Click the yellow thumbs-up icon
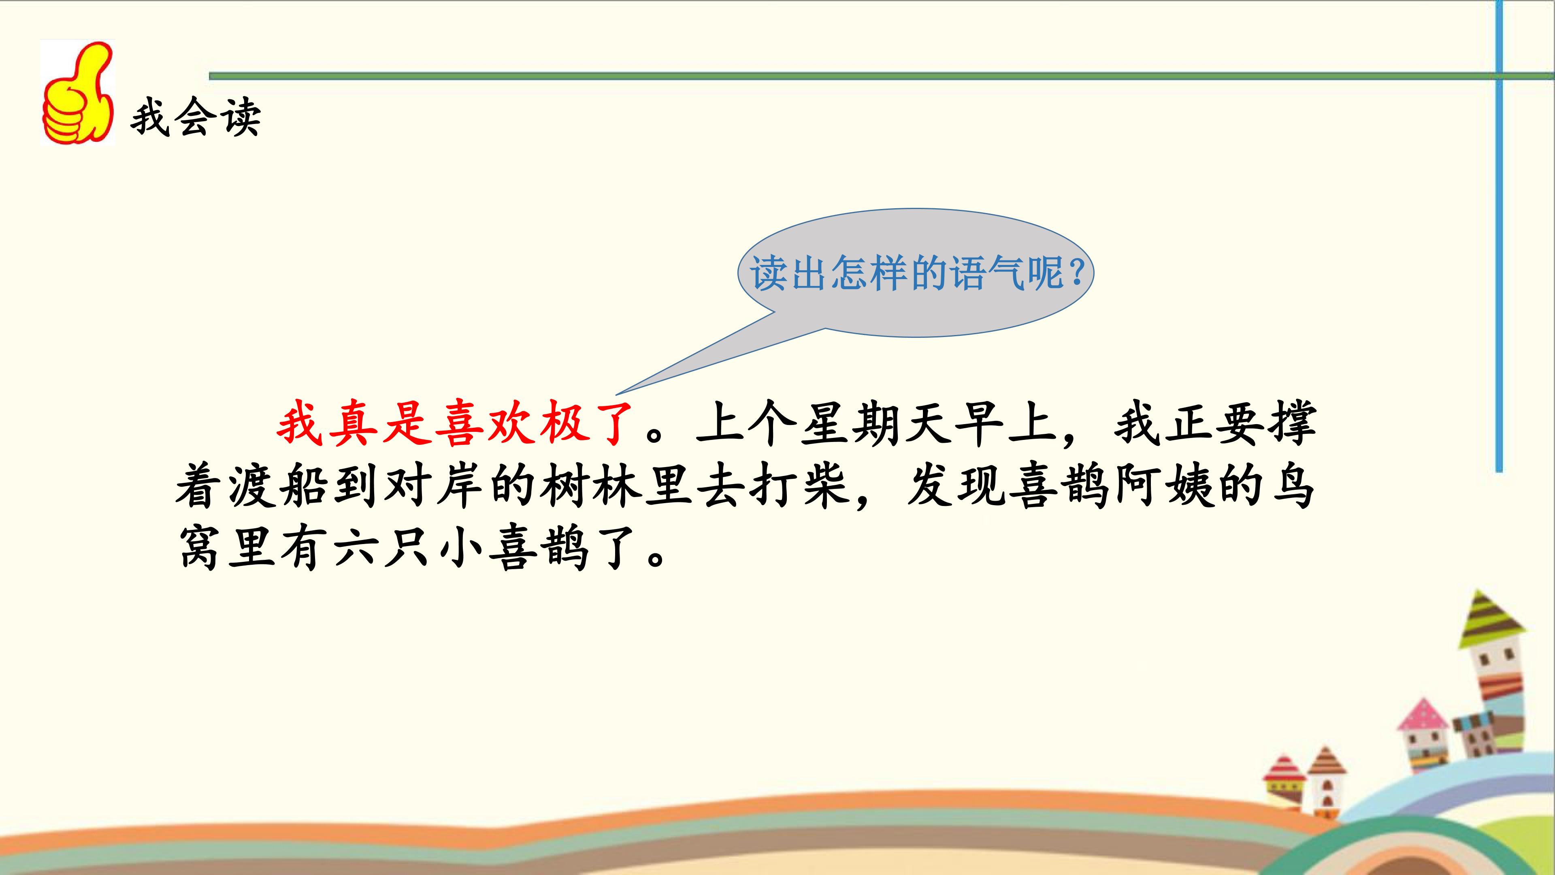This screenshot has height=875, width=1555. (78, 94)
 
